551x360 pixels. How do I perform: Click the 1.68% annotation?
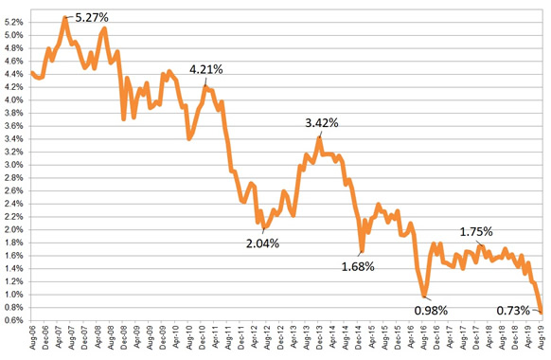tap(358, 266)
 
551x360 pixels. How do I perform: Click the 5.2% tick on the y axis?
tap(14, 23)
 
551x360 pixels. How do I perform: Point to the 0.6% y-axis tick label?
tap(14, 320)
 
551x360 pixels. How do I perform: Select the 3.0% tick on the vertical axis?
tap(14, 165)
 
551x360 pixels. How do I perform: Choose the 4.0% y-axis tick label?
tap(14, 100)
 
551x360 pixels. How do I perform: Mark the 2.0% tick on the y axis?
tap(14, 230)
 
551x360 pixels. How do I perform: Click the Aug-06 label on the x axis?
tap(33, 340)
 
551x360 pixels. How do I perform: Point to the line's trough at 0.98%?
tap(425, 296)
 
